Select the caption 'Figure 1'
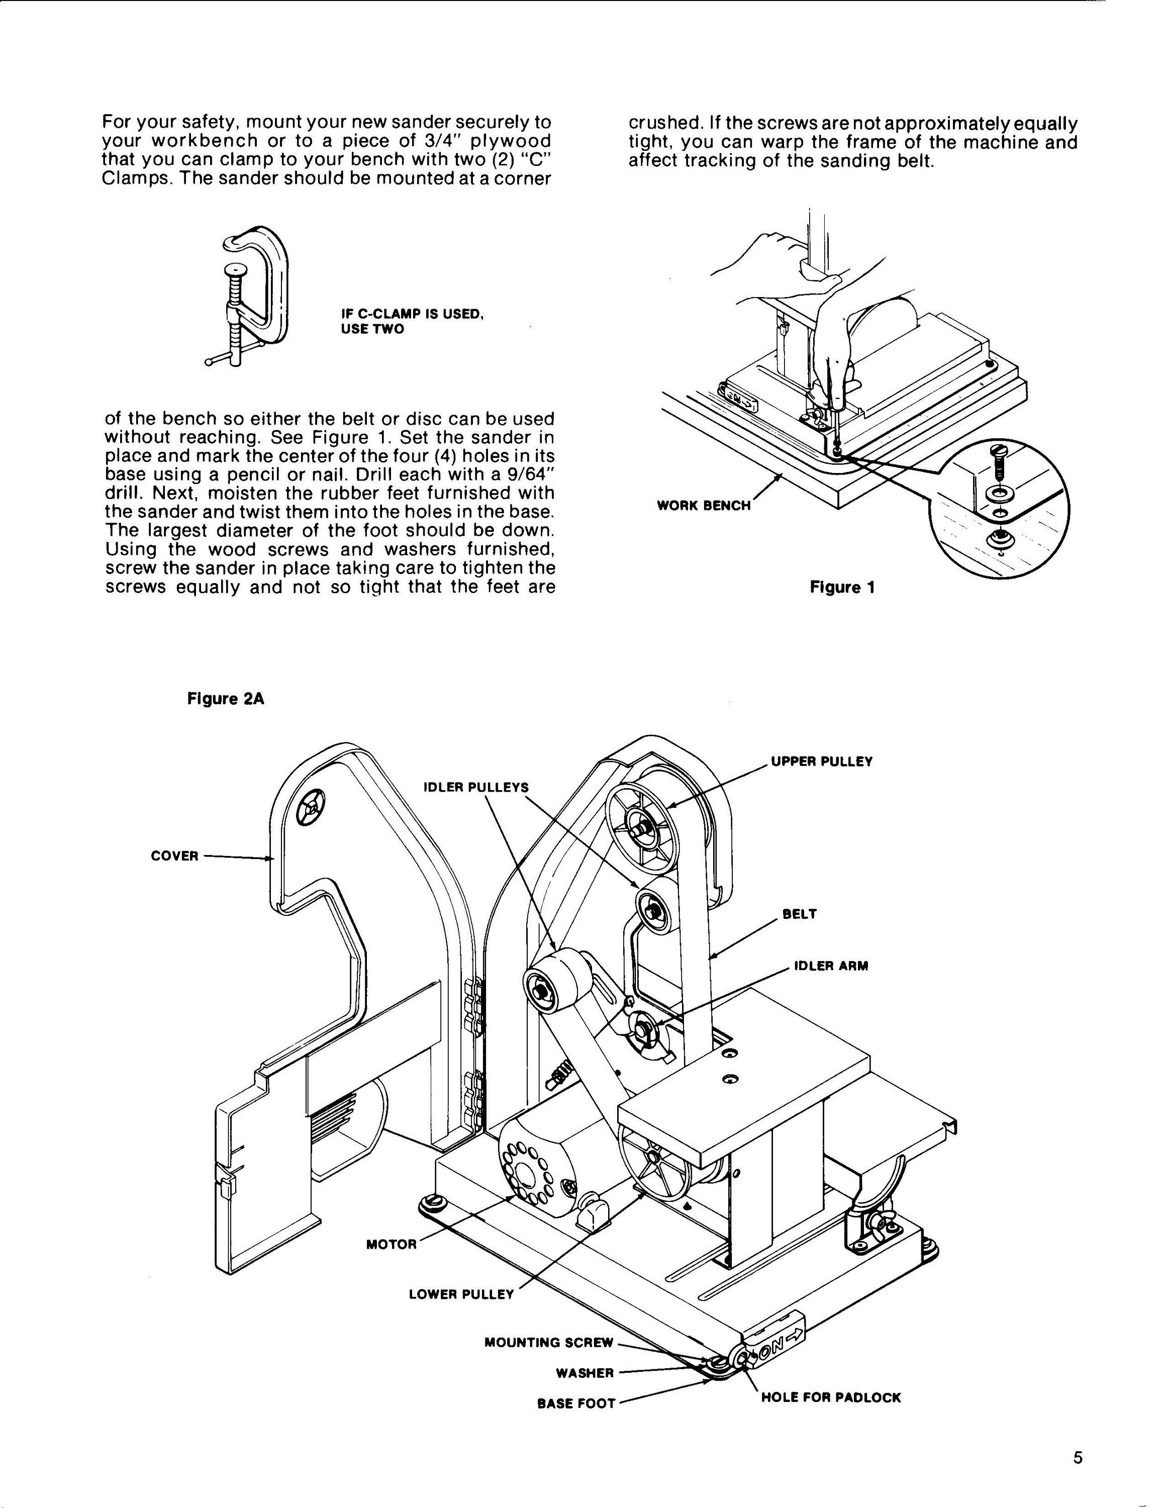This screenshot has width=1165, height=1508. coord(842,588)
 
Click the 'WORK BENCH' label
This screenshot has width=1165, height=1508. coord(703,505)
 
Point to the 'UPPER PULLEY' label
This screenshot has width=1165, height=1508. coord(821,762)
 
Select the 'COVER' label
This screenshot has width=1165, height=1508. coord(174,856)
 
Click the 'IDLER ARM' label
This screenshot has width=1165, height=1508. coord(831,966)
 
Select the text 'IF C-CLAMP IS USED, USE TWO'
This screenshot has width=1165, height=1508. coord(412,321)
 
